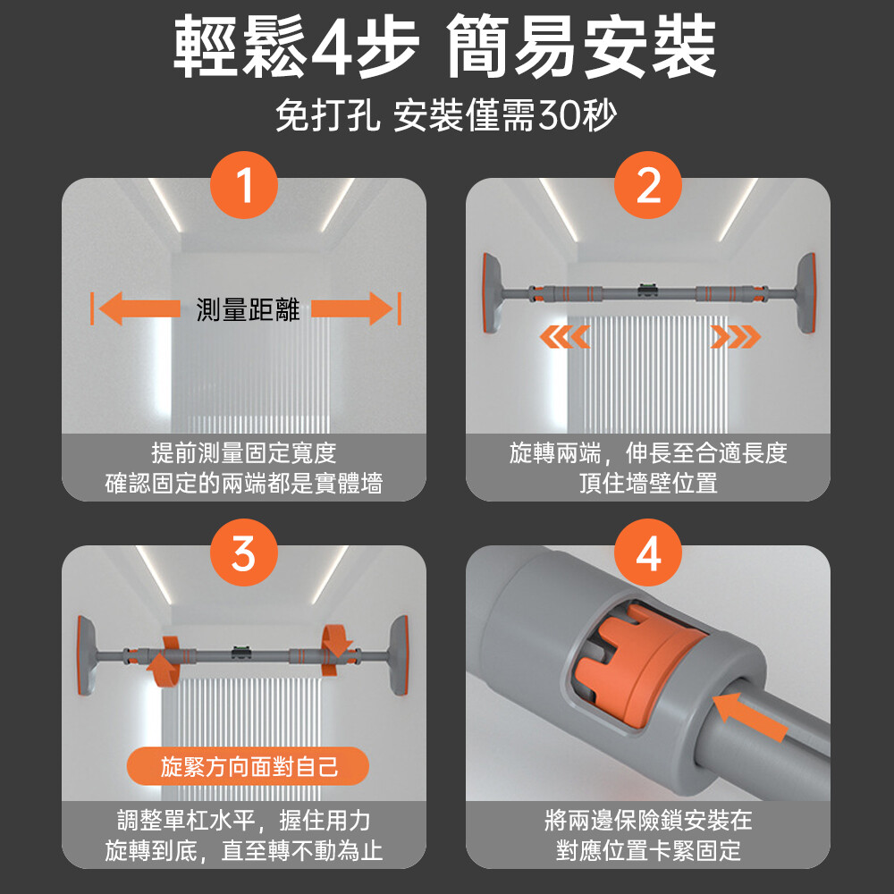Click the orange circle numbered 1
(243, 185)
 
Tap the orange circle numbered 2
(647, 185)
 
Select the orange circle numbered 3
(243, 552)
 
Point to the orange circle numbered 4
(647, 552)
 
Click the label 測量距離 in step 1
(248, 309)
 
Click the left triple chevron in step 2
(564, 337)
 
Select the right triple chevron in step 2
(736, 337)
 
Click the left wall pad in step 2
(493, 293)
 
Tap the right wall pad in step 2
(805, 293)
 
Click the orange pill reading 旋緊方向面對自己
(248, 766)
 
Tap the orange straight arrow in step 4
(749, 716)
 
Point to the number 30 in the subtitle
(559, 115)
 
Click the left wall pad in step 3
(87, 655)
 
